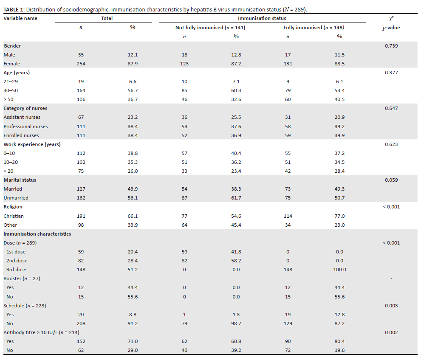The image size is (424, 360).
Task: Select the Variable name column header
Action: tap(20, 18)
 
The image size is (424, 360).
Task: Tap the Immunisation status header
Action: tap(262, 18)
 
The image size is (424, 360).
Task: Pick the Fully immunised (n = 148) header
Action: tap(314, 28)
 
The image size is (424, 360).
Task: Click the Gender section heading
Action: tap(12, 46)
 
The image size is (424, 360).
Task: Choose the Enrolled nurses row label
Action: tap(21, 135)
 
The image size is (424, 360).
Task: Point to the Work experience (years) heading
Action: tap(32, 144)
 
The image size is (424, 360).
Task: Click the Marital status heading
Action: tap(20, 180)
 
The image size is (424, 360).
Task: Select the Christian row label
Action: tap(14, 216)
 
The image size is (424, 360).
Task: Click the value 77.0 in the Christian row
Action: tap(339, 216)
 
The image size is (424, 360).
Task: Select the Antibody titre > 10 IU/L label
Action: tap(41, 332)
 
